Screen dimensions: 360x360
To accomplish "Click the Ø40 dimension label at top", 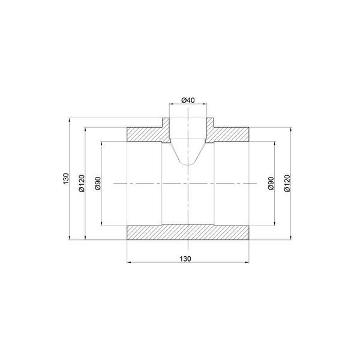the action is click(x=188, y=100).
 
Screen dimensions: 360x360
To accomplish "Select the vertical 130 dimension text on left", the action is click(x=66, y=179).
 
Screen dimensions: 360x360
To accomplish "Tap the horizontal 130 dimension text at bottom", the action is click(x=185, y=259).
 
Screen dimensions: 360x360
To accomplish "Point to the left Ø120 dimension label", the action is click(x=82, y=183).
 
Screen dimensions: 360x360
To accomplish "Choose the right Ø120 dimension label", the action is click(x=287, y=183).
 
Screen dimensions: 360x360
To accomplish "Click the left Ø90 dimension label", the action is click(x=98, y=183).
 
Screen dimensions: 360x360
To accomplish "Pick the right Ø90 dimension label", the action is click(x=271, y=183).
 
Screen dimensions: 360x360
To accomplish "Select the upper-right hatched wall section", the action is click(x=227, y=134).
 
